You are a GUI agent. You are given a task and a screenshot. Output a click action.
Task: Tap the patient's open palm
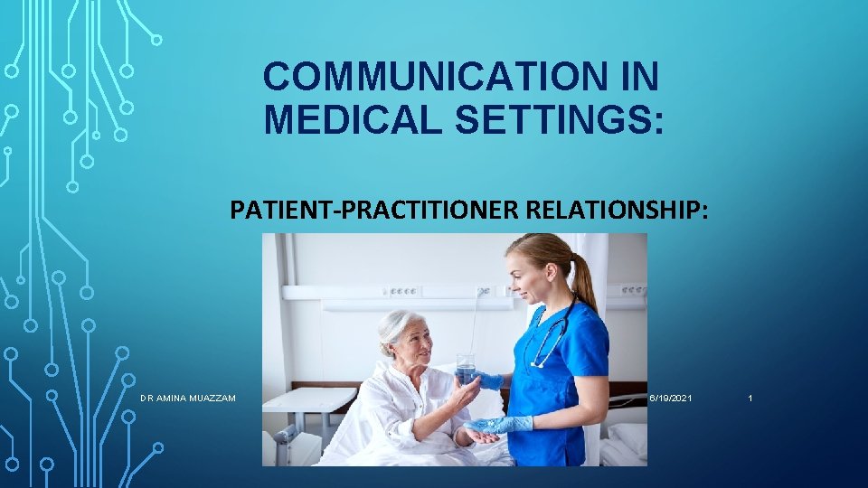click(479, 436)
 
